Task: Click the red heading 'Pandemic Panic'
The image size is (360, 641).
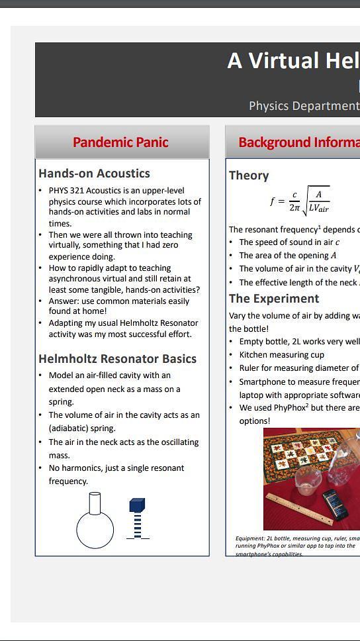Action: [x=120, y=142]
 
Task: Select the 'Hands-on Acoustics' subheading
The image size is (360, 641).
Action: [x=94, y=173]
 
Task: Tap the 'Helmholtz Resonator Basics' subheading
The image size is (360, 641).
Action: [x=117, y=359]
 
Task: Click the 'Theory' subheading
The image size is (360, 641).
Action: [x=249, y=175]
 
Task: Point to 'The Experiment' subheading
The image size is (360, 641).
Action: [x=274, y=299]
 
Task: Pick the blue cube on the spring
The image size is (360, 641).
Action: [x=137, y=505]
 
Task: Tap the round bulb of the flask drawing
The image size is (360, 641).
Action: [x=95, y=530]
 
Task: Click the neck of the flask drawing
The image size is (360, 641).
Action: [x=95, y=503]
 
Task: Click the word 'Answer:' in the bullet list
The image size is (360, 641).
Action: [x=64, y=301]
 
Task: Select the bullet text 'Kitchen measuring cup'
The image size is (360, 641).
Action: [x=281, y=355]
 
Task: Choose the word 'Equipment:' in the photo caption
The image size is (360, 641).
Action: [x=249, y=539]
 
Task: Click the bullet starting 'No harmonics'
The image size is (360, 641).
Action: [x=116, y=468]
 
